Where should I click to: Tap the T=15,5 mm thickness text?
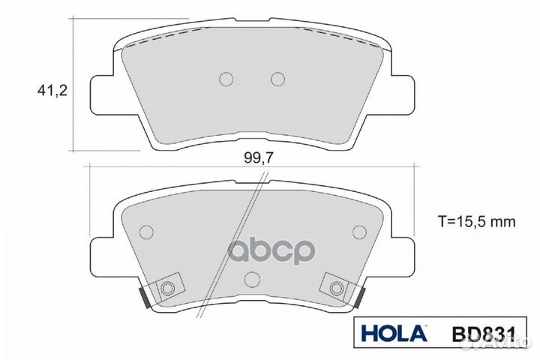(x=478, y=221)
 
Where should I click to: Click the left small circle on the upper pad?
(x=226, y=79)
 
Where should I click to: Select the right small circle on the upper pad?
(x=277, y=79)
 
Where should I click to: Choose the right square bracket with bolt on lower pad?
(x=337, y=286)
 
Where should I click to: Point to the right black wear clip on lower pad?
(x=361, y=298)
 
